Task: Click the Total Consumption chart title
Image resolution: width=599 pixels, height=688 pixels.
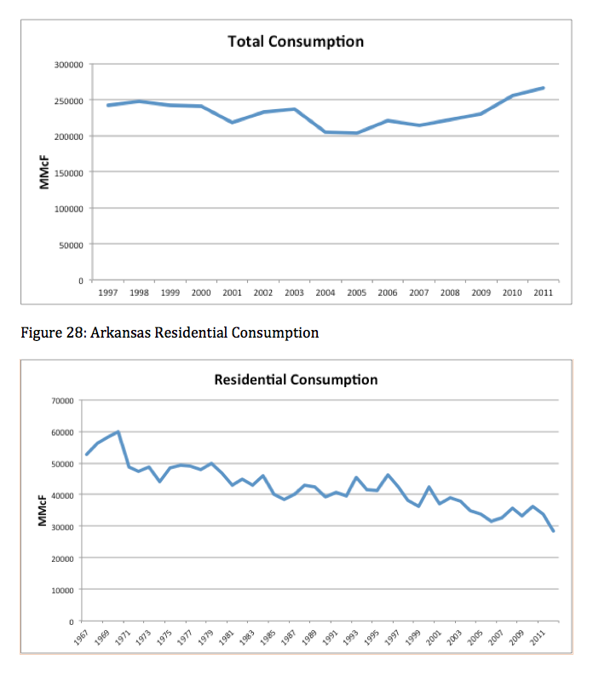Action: (x=296, y=42)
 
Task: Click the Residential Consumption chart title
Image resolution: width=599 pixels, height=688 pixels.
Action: (x=296, y=379)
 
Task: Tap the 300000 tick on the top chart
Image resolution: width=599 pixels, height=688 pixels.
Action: (x=69, y=65)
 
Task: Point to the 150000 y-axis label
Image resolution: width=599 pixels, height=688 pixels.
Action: (x=69, y=173)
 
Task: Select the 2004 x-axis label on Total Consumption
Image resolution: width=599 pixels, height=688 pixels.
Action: (x=325, y=292)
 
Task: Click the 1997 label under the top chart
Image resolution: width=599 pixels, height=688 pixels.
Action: (x=108, y=292)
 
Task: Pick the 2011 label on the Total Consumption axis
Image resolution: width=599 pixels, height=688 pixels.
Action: (x=544, y=292)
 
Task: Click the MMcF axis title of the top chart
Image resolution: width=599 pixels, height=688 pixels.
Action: (x=44, y=172)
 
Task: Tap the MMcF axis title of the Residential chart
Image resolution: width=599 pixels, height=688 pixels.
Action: (x=42, y=511)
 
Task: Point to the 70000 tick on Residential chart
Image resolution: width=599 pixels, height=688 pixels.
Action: (x=63, y=401)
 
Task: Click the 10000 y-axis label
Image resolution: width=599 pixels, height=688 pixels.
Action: (x=63, y=590)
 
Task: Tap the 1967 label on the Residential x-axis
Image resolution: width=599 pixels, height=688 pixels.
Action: (x=81, y=638)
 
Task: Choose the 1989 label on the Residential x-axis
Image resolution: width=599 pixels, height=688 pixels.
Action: (x=309, y=638)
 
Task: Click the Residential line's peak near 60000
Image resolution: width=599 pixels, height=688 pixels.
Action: (x=118, y=432)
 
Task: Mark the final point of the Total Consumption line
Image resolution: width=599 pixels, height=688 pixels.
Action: (x=544, y=88)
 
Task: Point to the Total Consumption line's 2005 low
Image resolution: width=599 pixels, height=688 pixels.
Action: (x=356, y=133)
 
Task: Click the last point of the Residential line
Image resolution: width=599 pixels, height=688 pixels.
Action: (x=553, y=531)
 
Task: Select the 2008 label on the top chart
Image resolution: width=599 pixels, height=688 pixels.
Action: (x=450, y=292)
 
